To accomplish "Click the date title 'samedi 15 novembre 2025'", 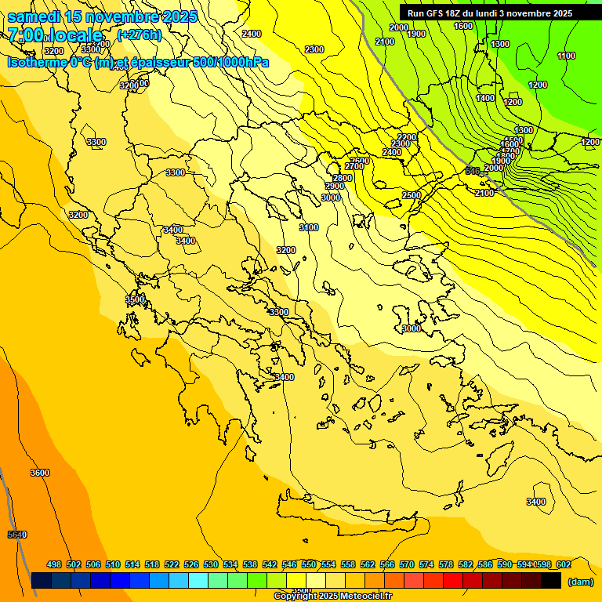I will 102,16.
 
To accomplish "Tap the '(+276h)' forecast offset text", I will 139,34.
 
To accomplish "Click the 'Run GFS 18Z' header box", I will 490,13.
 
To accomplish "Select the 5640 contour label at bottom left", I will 17,535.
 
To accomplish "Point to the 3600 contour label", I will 40,473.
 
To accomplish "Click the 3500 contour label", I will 135,299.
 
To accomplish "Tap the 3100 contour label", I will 309,227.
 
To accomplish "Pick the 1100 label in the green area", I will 566,56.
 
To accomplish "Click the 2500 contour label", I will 412,195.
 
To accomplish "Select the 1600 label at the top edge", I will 463,26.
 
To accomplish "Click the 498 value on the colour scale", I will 54,564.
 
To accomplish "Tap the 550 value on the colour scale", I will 308,564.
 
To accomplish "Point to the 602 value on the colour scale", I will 563,564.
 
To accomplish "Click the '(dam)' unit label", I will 580,582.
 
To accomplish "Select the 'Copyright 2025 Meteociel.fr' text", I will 332,596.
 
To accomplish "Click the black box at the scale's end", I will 551,581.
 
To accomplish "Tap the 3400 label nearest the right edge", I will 536,502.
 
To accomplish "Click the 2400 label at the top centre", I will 252,34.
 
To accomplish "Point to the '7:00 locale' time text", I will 55,35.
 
